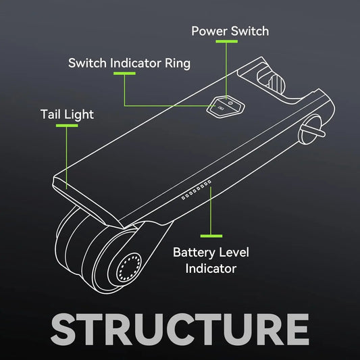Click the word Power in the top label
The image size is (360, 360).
coord(209,31)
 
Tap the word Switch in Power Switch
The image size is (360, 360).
coord(250,31)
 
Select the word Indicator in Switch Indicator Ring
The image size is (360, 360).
coord(136,63)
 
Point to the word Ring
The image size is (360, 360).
coord(178,64)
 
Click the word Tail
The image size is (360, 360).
coord(51,114)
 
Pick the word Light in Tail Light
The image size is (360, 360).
coord(79,115)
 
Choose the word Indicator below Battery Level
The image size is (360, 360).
coord(211,268)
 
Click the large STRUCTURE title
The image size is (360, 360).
coord(180,329)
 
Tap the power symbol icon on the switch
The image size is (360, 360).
coord(231,103)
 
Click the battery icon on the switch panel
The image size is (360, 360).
coord(221,108)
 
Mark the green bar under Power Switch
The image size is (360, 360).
coord(227,42)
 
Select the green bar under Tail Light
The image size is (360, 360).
coord(67,126)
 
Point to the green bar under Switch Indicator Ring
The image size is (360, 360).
coord(124,74)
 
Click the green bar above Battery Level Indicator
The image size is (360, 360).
coord(211,236)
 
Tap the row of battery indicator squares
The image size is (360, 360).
coord(197,190)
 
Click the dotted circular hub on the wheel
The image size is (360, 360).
coord(129,267)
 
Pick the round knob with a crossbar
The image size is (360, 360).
coord(311,130)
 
